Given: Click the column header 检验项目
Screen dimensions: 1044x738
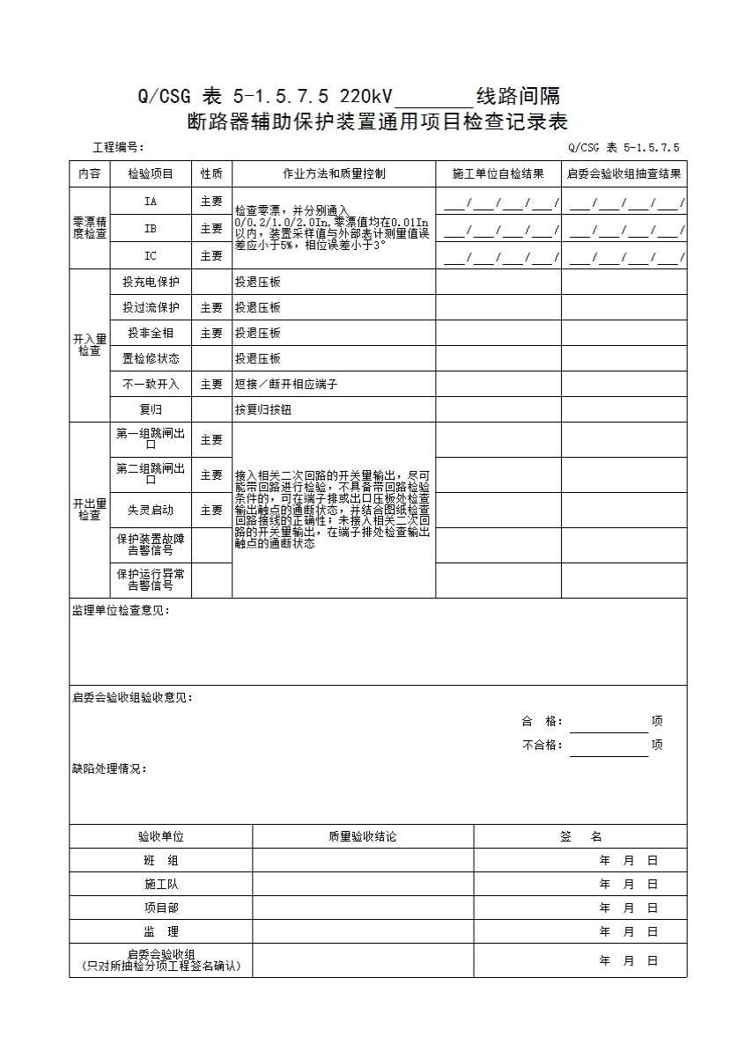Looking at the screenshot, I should [151, 174].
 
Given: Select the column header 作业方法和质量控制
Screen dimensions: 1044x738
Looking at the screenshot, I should [334, 174].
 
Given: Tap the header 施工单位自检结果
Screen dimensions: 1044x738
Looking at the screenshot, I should [498, 174].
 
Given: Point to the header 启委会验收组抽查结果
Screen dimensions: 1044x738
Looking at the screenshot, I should [624, 174].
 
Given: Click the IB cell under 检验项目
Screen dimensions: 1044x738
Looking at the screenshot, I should [151, 228].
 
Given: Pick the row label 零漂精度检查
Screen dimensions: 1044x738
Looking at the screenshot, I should [90, 228].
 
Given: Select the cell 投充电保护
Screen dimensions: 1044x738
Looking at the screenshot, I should [151, 283].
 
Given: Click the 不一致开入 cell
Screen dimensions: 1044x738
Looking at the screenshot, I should [151, 385].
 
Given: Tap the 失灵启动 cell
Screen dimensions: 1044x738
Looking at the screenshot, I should [151, 510].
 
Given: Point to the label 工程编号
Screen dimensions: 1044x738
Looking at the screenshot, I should [118, 148].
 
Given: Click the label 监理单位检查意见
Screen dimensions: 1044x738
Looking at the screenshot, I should [121, 610].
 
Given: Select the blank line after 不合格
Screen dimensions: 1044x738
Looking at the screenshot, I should [609, 746].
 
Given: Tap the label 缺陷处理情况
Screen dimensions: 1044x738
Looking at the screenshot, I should [109, 768].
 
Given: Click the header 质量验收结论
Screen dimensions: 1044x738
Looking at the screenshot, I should [363, 837].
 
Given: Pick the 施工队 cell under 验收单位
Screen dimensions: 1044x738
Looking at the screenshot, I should [161, 884].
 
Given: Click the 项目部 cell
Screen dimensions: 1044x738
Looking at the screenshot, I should [161, 908].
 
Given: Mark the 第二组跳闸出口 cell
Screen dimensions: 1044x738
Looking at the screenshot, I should [151, 474].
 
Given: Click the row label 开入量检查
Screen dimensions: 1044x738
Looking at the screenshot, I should [90, 345].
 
